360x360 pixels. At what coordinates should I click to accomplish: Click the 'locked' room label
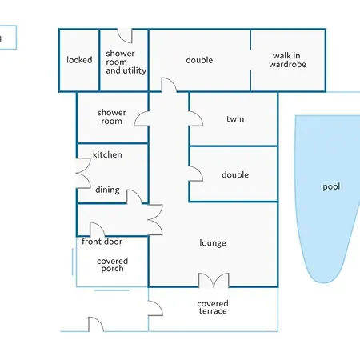pos(79,60)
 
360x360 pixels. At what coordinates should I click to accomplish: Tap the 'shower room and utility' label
pos(126,62)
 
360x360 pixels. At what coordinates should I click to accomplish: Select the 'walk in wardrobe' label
pos(287,60)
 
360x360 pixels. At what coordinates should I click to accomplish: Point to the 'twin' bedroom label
pos(235,118)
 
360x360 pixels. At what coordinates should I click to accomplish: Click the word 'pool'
pos(331,186)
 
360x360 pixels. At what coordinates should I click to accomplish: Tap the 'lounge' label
pos(213,243)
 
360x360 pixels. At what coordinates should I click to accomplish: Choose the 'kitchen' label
pos(107,154)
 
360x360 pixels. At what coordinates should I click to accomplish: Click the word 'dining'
pos(107,190)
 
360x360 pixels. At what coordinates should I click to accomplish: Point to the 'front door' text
pos(102,242)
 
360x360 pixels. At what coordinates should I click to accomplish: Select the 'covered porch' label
pos(112,265)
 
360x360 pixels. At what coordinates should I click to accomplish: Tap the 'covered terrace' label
pos(213,307)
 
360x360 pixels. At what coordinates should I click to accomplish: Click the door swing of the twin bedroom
pos(196,118)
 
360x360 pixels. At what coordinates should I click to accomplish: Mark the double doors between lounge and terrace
pos(214,280)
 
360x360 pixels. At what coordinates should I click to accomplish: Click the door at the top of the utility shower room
pos(125,36)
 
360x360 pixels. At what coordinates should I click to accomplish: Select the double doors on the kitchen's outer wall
pos(83,174)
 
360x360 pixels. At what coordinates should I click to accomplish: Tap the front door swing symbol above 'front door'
pos(98,230)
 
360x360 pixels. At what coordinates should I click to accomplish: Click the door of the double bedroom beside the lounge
pos(196,174)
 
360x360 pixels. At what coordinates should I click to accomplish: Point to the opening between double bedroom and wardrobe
pos(250,60)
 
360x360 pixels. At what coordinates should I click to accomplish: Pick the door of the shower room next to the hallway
pos(142,118)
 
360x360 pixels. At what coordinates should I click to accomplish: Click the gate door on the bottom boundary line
pos(96,324)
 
